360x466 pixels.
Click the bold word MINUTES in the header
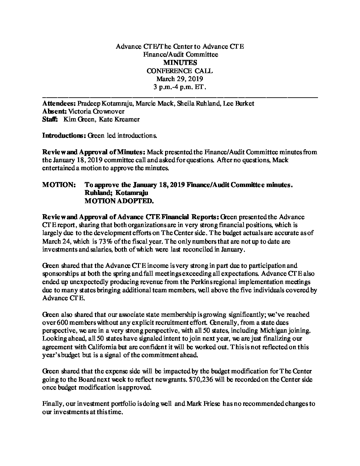[180, 63]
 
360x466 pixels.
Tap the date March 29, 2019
[180, 79]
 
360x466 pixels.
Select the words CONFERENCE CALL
[180, 71]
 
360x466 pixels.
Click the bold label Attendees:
[59, 104]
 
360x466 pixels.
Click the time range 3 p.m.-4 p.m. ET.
[180, 87]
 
